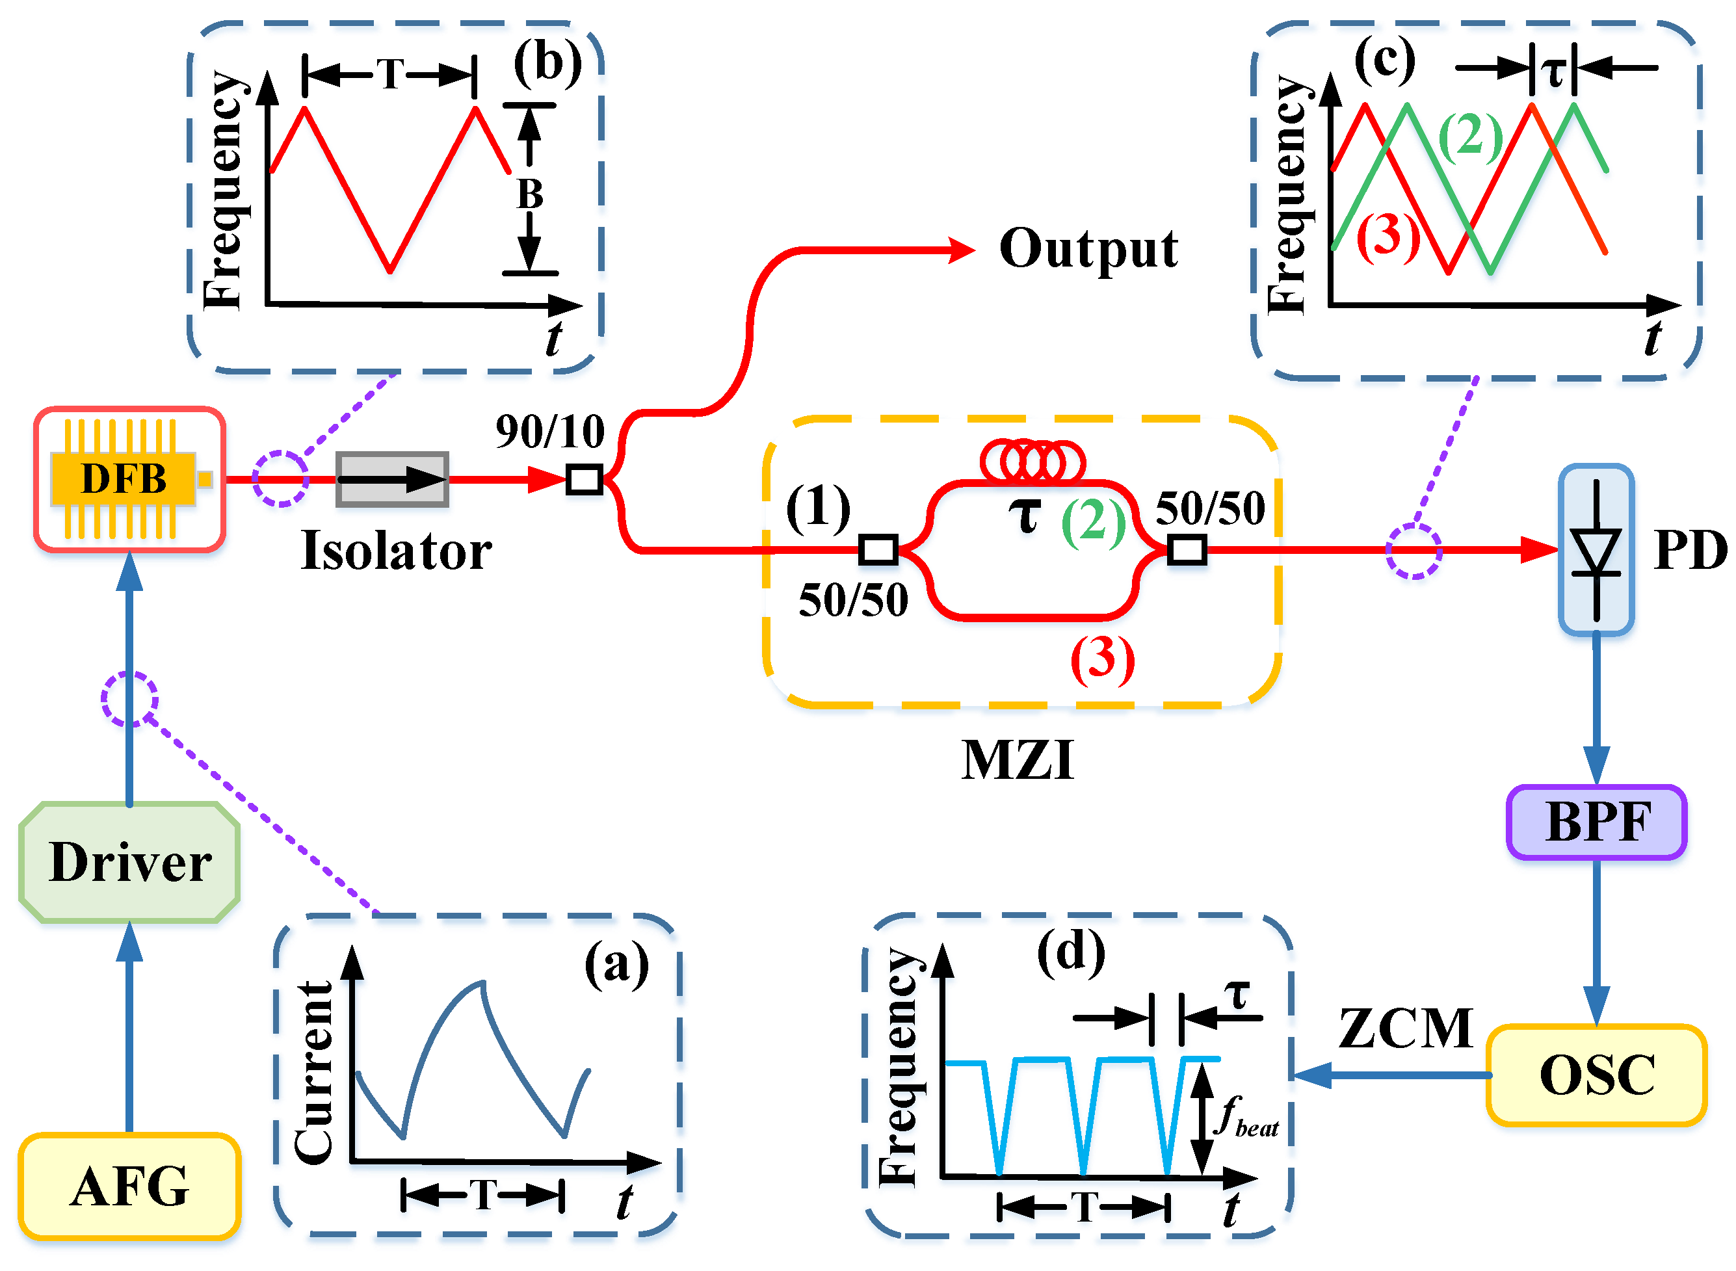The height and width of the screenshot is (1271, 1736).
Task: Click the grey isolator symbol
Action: (x=393, y=479)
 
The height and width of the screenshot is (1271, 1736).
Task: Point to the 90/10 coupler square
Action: (x=584, y=479)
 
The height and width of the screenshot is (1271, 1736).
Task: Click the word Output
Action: (x=1088, y=249)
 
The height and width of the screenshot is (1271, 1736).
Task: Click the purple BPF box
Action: (x=1597, y=822)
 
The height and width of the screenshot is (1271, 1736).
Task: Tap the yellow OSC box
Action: (x=1597, y=1075)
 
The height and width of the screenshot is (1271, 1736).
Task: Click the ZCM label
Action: (x=1406, y=1029)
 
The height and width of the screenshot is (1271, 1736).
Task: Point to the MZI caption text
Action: (x=1018, y=761)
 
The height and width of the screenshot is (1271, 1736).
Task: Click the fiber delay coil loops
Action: (x=1032, y=461)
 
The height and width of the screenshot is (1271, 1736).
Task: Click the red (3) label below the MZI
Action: (x=1103, y=659)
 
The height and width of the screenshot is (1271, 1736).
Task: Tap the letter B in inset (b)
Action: (x=529, y=194)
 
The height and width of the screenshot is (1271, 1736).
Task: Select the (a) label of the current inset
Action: (x=616, y=963)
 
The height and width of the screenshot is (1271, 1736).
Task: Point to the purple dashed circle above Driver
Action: (x=130, y=699)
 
